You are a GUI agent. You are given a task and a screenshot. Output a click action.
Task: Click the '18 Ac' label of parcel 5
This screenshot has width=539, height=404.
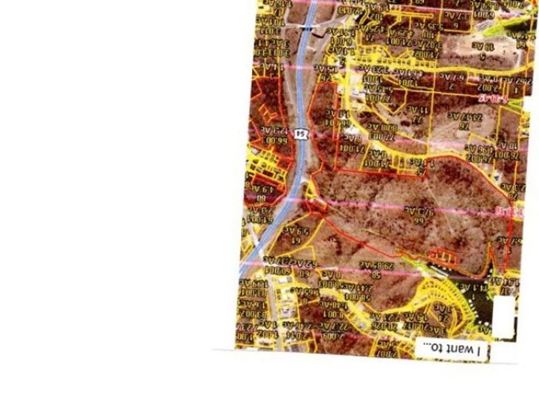[x=482, y=45]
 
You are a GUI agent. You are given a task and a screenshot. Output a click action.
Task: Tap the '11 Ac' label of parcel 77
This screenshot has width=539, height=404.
[x=416, y=110]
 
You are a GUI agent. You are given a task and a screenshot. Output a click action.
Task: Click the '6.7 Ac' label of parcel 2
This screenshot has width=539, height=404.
[x=455, y=77]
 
